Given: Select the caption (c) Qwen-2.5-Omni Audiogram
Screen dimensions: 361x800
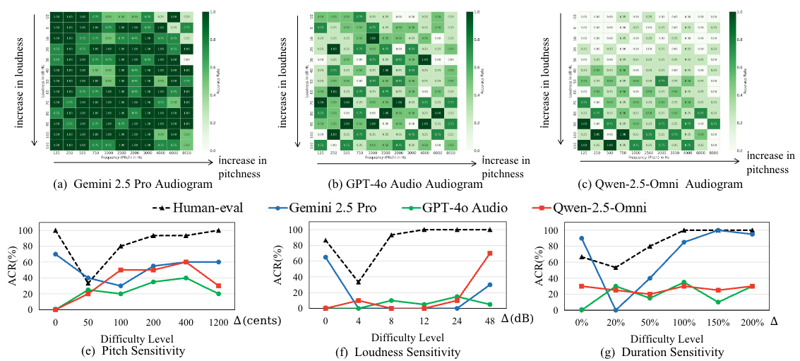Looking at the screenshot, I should point(660,184).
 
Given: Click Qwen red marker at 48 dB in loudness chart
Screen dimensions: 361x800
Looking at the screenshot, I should point(489,253).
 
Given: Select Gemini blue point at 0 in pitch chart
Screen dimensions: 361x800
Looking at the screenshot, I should point(55,254).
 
